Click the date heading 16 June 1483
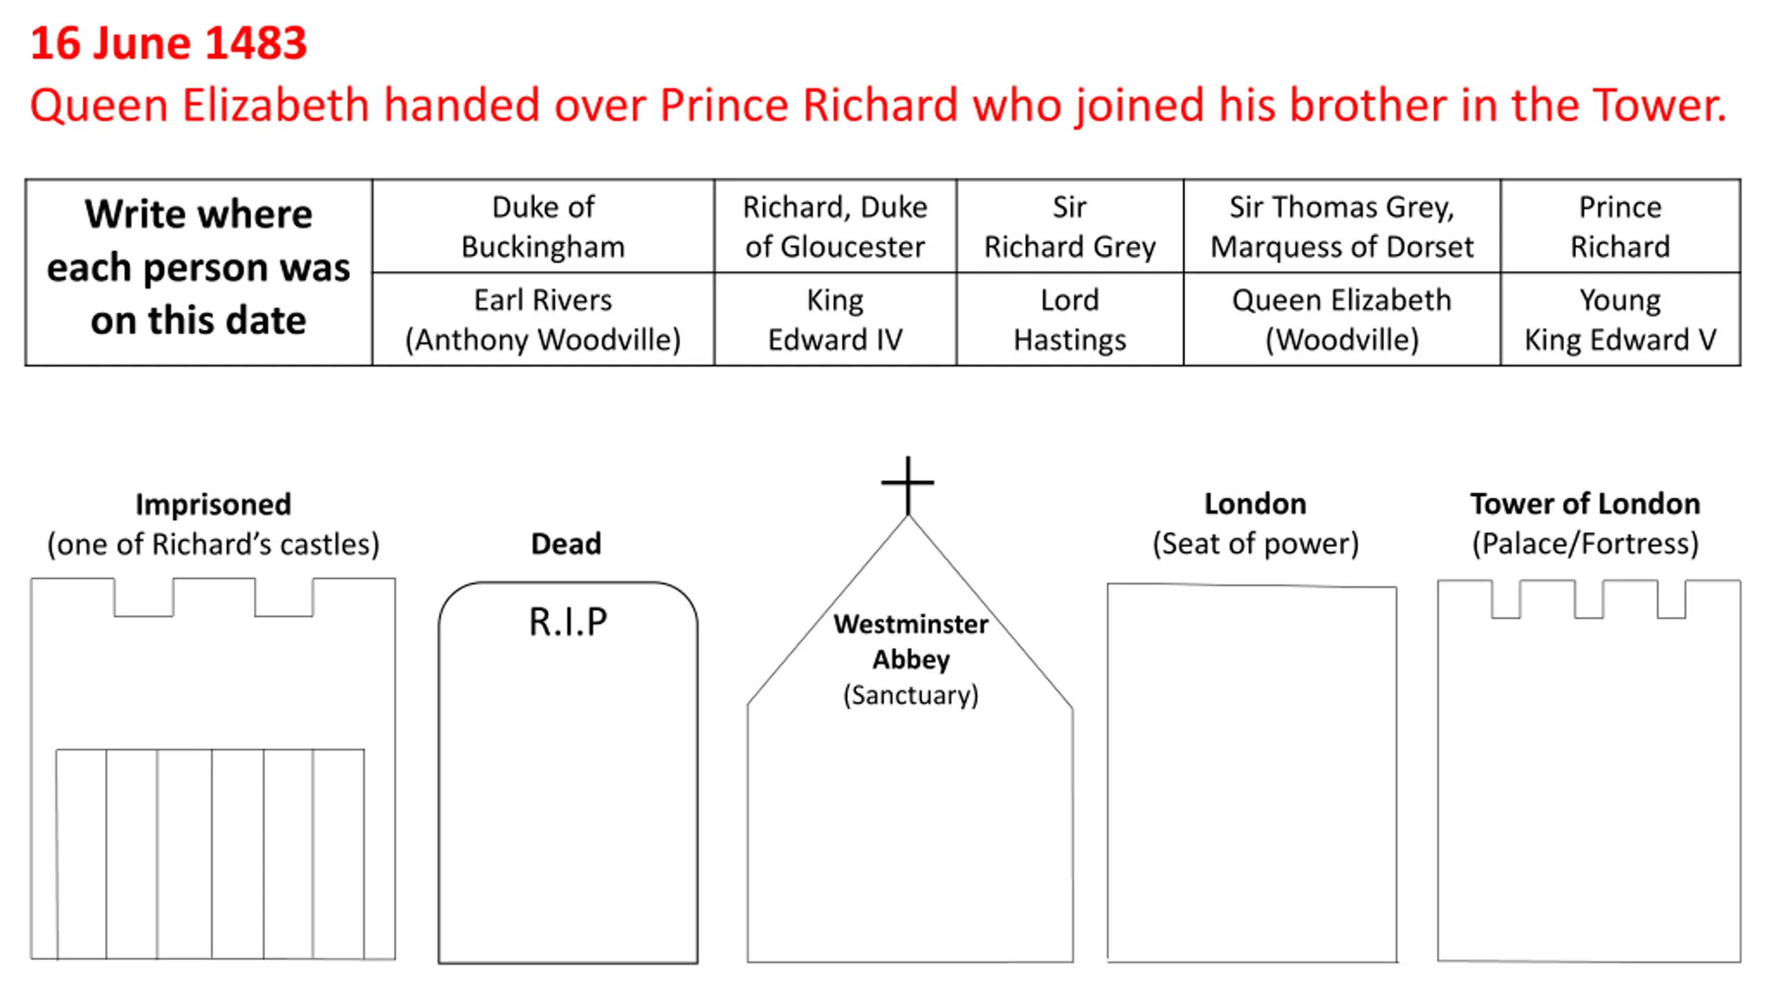(x=168, y=43)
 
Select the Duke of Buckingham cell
(x=543, y=227)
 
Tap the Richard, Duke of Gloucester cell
(x=835, y=227)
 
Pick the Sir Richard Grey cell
(x=1070, y=227)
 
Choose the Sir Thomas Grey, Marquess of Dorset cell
(x=1341, y=227)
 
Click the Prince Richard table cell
(x=1619, y=227)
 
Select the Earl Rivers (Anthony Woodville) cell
(x=543, y=320)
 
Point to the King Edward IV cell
(x=835, y=320)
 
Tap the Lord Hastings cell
(x=1070, y=320)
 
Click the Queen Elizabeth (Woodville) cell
(x=1341, y=320)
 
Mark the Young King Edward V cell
(x=1619, y=320)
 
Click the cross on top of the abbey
(x=908, y=483)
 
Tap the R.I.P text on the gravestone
(x=568, y=621)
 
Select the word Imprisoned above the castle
(x=213, y=504)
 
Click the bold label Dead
(x=566, y=544)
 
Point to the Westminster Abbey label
(x=910, y=641)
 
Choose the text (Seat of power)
(x=1256, y=544)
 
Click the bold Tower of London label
(x=1585, y=504)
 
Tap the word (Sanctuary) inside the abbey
(x=910, y=694)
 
